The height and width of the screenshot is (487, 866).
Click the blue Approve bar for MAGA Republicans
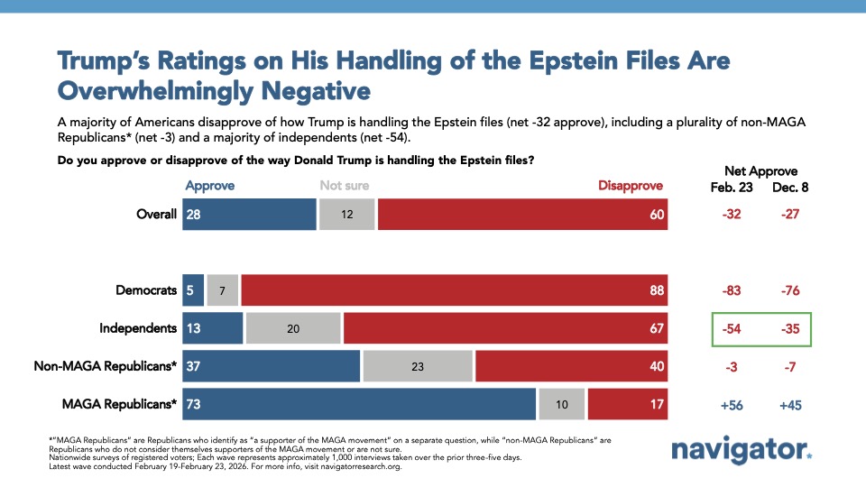[x=359, y=405]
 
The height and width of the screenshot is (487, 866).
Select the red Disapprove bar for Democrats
[x=455, y=290]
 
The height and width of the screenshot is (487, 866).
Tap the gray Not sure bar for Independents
[x=293, y=328]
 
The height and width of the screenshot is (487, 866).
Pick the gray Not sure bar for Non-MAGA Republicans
[x=418, y=366]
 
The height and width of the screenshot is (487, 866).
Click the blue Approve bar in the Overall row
[x=249, y=215]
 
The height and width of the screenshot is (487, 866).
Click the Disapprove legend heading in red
[x=630, y=186]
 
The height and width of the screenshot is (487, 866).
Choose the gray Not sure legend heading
[x=344, y=186]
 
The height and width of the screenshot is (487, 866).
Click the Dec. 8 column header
[x=791, y=187]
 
